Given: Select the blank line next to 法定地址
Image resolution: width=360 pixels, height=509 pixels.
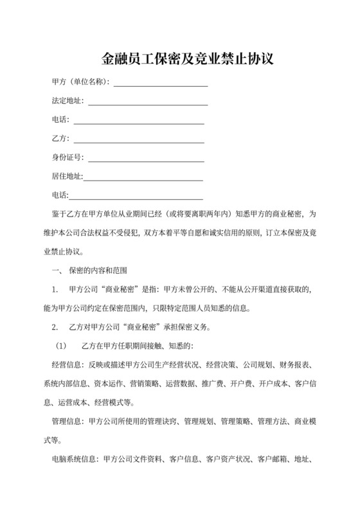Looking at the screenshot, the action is click(147, 102).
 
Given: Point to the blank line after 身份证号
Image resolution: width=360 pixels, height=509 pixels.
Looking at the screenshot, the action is click(146, 158).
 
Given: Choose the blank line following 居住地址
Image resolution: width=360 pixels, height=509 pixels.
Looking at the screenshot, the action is click(143, 177).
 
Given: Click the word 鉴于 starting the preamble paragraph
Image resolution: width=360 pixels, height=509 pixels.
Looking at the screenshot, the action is click(59, 214).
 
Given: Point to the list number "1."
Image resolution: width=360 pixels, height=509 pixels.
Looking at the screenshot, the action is click(55, 290).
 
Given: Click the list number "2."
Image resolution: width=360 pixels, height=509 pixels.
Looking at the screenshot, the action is click(55, 327).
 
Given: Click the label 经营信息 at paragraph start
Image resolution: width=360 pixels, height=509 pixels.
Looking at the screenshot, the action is click(67, 365).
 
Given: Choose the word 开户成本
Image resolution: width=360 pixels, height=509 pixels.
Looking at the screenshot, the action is click(269, 384).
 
